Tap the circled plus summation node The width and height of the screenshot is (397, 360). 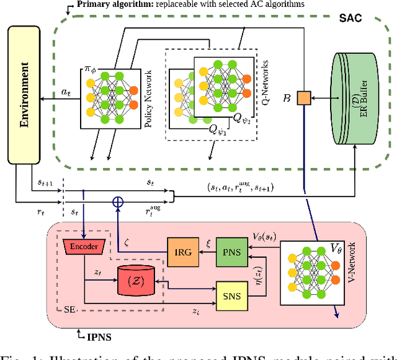pos(118,201)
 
